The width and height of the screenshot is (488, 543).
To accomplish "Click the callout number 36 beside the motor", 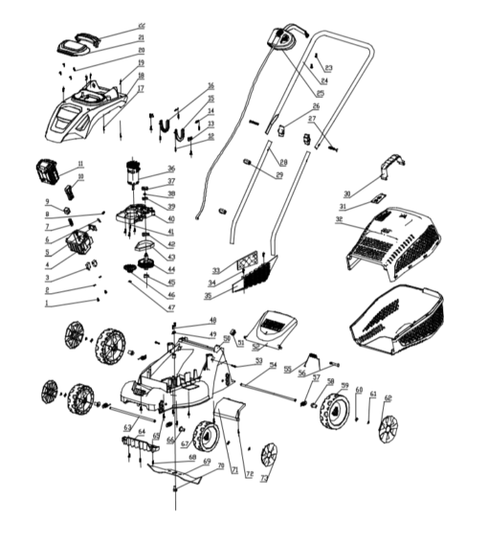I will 171,169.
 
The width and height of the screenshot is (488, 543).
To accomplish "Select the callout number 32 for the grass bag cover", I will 339,219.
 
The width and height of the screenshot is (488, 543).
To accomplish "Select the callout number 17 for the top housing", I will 140,89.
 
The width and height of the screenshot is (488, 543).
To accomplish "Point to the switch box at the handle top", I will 283,39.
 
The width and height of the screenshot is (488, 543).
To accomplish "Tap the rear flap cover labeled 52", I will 273,327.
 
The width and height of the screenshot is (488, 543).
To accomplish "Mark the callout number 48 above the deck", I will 212,320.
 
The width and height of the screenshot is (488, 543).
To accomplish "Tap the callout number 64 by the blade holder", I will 142,432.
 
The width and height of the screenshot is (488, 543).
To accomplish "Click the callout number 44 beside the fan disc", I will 171,270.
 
